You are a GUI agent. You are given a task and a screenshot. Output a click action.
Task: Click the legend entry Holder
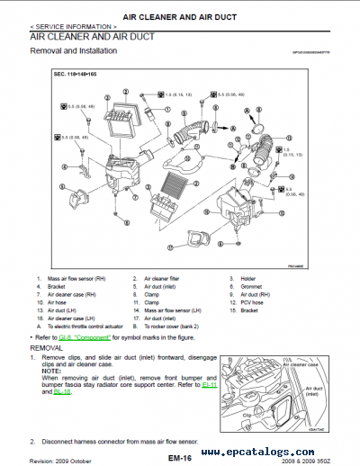(x=245, y=279)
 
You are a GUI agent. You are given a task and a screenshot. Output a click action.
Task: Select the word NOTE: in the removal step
(x=52, y=371)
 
